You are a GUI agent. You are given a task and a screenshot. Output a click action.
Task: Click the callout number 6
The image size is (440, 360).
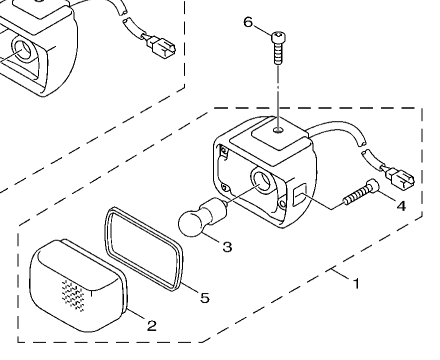pos(248,22)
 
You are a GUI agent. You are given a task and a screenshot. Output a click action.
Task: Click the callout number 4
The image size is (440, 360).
pos(401,206)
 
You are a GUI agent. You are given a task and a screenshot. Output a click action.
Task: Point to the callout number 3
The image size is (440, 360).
pos(227,247)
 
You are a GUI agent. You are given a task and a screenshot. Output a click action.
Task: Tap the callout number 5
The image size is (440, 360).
pos(205,297)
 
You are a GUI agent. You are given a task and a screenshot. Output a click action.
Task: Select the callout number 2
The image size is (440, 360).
pos(152,326)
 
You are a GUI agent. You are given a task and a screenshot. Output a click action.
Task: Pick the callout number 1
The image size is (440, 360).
pos(356,284)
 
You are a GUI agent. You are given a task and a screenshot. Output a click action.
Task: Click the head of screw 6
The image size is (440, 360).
pos(279,37)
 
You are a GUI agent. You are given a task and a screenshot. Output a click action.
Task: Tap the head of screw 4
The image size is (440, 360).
pos(372,186)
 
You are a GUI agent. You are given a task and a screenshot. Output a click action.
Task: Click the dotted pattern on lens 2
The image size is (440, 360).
pos(73,295)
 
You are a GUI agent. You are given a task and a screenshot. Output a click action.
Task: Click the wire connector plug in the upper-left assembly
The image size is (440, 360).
pos(161,48)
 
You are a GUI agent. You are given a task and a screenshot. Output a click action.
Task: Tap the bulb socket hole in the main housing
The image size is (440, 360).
pos(263,180)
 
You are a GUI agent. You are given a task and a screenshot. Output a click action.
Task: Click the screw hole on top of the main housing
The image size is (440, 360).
pos(278,130)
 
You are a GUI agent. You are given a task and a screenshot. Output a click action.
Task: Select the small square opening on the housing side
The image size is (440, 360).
pos(300,196)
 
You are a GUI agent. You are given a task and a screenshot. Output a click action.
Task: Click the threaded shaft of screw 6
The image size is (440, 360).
pos(279,53)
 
